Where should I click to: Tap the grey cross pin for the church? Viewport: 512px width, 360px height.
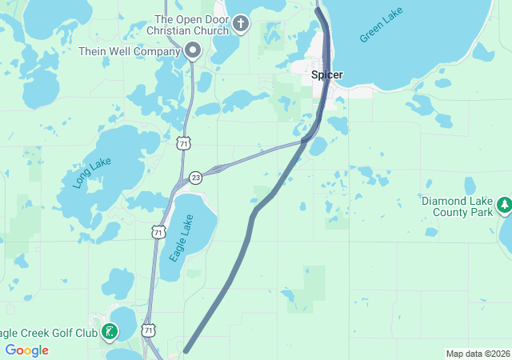pyautogui.click(x=242, y=23)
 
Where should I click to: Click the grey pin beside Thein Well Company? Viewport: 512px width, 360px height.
pyautogui.click(x=193, y=51)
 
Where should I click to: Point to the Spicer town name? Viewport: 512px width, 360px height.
pyautogui.click(x=326, y=75)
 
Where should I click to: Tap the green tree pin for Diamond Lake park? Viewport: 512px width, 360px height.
pyautogui.click(x=505, y=206)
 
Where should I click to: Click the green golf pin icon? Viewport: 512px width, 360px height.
pyautogui.click(x=110, y=331)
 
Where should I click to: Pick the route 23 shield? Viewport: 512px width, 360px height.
pyautogui.click(x=196, y=178)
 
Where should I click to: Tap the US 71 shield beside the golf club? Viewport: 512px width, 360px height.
pyautogui.click(x=148, y=330)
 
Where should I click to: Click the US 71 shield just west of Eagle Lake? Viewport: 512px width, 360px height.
pyautogui.click(x=158, y=232)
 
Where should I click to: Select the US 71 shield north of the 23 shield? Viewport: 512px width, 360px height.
pyautogui.click(x=184, y=143)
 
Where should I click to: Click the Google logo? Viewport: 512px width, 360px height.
pyautogui.click(x=26, y=350)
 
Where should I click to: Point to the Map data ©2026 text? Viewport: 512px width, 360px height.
pyautogui.click(x=477, y=354)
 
